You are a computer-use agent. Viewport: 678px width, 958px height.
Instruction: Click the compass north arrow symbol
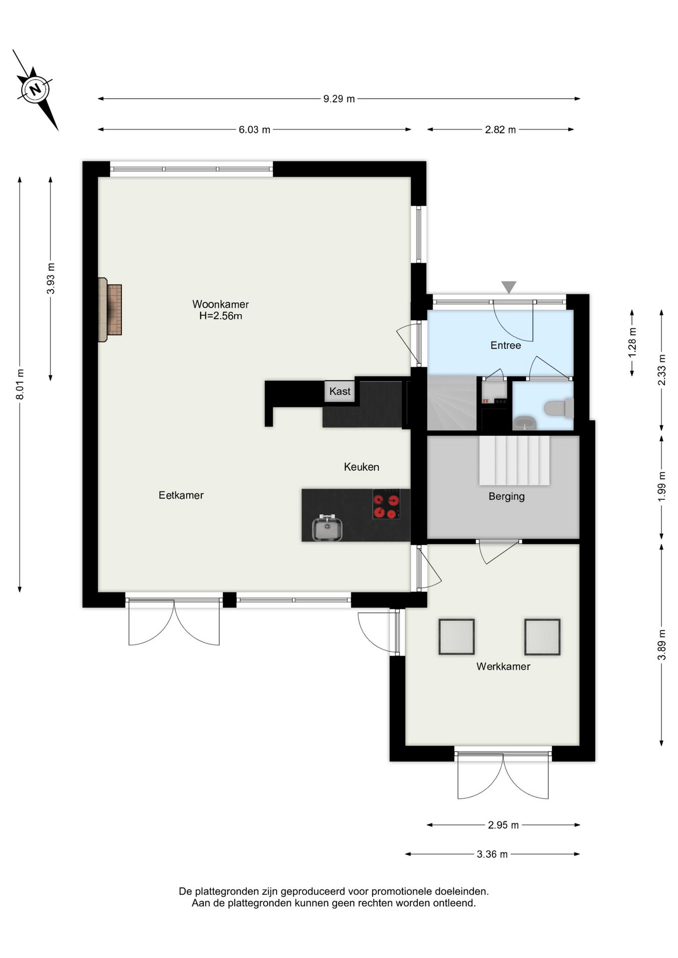35,90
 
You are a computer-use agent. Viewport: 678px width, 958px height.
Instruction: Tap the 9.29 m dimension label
339,99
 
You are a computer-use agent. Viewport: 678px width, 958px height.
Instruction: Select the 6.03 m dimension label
254,130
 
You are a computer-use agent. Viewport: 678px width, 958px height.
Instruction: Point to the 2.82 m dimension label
500,130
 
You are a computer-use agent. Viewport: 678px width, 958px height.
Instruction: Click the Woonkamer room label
220,304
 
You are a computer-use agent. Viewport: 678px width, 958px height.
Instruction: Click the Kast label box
339,391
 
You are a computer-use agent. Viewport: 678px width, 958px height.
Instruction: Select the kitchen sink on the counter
327,528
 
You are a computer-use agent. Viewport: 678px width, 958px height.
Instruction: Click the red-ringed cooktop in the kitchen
386,504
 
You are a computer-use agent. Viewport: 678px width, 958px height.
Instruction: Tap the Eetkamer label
181,495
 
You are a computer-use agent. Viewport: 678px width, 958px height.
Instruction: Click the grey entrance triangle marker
508,287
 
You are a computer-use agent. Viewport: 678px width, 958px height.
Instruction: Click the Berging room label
506,496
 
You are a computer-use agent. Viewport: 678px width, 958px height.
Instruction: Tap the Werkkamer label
503,666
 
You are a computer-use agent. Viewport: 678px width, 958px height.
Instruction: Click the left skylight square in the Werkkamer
456,637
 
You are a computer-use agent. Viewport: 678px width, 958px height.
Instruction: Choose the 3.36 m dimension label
492,854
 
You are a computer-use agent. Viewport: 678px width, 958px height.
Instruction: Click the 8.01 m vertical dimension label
20,384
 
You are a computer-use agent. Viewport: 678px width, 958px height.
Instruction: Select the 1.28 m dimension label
632,342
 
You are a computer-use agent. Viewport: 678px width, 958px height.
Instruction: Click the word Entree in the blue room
505,345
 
